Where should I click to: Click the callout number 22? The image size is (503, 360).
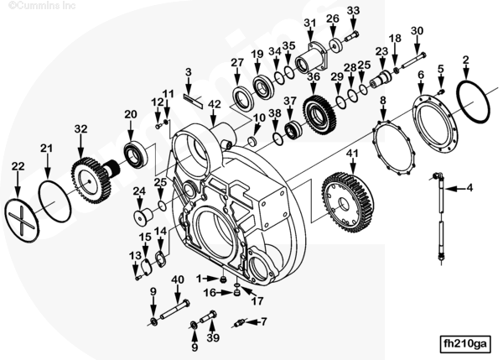coord(18,166)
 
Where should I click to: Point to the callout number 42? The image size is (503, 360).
coord(215,104)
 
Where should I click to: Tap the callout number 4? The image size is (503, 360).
coord(469,187)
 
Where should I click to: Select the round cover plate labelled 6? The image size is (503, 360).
coord(433,118)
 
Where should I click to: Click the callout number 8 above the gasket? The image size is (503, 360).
coord(383,101)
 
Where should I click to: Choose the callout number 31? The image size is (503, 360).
coord(310,22)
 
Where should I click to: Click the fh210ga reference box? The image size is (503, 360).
coord(464,343)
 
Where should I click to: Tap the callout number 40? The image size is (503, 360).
coord(177,279)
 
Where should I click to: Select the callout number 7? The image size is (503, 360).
coord(263,321)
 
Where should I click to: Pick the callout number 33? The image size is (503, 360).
coord(353,11)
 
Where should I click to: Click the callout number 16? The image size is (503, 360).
coord(211,292)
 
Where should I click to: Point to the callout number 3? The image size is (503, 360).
coord(189,72)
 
